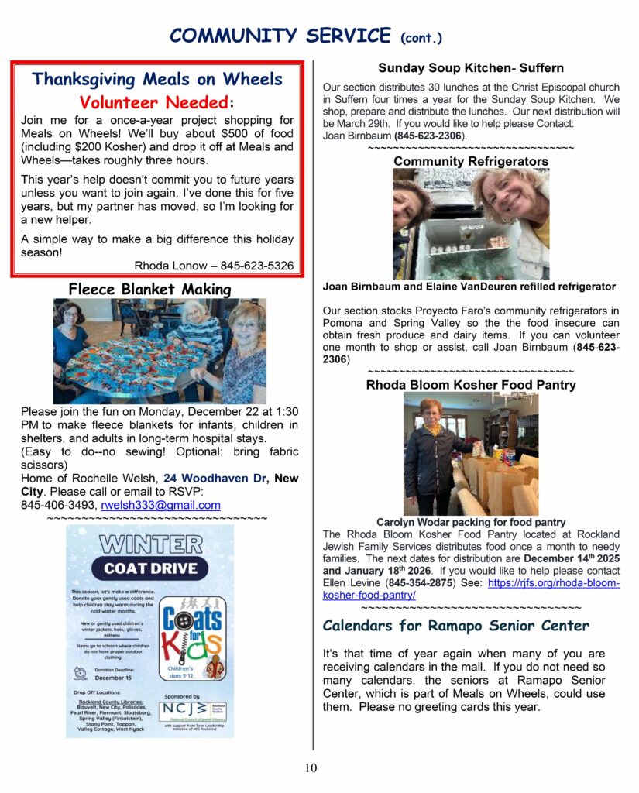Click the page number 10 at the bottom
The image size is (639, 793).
(x=311, y=768)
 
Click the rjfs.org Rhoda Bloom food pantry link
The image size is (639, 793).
(x=471, y=589)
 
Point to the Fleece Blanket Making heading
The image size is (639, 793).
(x=149, y=290)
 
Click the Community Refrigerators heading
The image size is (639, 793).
(x=471, y=161)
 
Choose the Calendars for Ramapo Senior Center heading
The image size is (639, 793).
(x=455, y=625)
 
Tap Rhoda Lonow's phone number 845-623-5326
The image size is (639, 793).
(x=256, y=266)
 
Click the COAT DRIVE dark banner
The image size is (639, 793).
(x=149, y=568)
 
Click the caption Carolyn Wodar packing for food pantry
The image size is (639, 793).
(x=471, y=523)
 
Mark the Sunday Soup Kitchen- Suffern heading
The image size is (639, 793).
(x=471, y=68)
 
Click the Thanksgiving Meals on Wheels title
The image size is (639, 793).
(x=156, y=79)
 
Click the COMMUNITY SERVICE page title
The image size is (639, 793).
(x=280, y=35)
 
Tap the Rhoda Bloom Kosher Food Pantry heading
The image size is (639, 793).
(x=471, y=384)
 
